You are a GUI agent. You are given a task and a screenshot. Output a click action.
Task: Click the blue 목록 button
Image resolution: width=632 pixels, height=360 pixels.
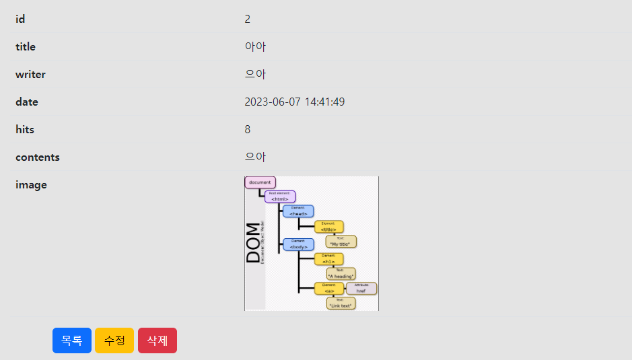(x=72, y=340)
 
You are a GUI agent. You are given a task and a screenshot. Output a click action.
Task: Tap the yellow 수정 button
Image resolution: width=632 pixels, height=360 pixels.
(x=114, y=340)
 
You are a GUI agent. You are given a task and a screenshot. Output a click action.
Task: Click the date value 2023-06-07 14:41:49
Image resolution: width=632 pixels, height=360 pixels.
(x=295, y=102)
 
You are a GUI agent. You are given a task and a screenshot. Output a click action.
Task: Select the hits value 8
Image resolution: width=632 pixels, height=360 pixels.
(x=248, y=129)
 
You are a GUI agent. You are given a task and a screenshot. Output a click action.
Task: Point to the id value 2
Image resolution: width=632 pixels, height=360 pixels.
(x=248, y=19)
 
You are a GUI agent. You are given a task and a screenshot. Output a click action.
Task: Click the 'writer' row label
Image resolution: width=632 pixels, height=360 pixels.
(x=30, y=74)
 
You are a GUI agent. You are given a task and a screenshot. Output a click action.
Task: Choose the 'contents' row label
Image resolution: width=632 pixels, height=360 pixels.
(x=38, y=157)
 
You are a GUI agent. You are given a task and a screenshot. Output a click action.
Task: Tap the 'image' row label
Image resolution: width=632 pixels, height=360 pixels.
(x=31, y=184)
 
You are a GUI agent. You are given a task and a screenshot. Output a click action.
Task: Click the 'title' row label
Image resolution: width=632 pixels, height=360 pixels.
(x=26, y=46)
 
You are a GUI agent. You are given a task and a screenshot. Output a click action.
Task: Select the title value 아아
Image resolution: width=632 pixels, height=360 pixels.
(x=255, y=46)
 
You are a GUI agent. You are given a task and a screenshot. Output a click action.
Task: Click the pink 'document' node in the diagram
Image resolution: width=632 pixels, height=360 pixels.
(x=260, y=182)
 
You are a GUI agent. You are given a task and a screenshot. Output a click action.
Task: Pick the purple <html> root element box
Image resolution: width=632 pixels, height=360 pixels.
(x=280, y=196)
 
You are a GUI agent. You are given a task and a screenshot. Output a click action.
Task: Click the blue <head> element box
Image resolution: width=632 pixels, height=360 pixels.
(x=298, y=211)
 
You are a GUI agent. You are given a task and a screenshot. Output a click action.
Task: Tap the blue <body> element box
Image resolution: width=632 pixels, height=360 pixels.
(x=298, y=244)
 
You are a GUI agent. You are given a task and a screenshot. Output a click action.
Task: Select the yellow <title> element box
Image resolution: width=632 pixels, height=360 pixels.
(x=328, y=227)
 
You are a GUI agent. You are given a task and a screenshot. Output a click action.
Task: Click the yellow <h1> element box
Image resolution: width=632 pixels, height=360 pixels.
(x=328, y=259)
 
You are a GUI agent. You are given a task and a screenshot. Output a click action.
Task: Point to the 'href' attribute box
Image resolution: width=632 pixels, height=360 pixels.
(x=361, y=289)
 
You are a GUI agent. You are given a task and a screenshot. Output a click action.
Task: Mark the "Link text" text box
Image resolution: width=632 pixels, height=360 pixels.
(x=341, y=303)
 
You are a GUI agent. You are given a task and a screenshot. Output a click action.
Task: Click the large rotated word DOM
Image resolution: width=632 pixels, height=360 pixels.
(x=253, y=242)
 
